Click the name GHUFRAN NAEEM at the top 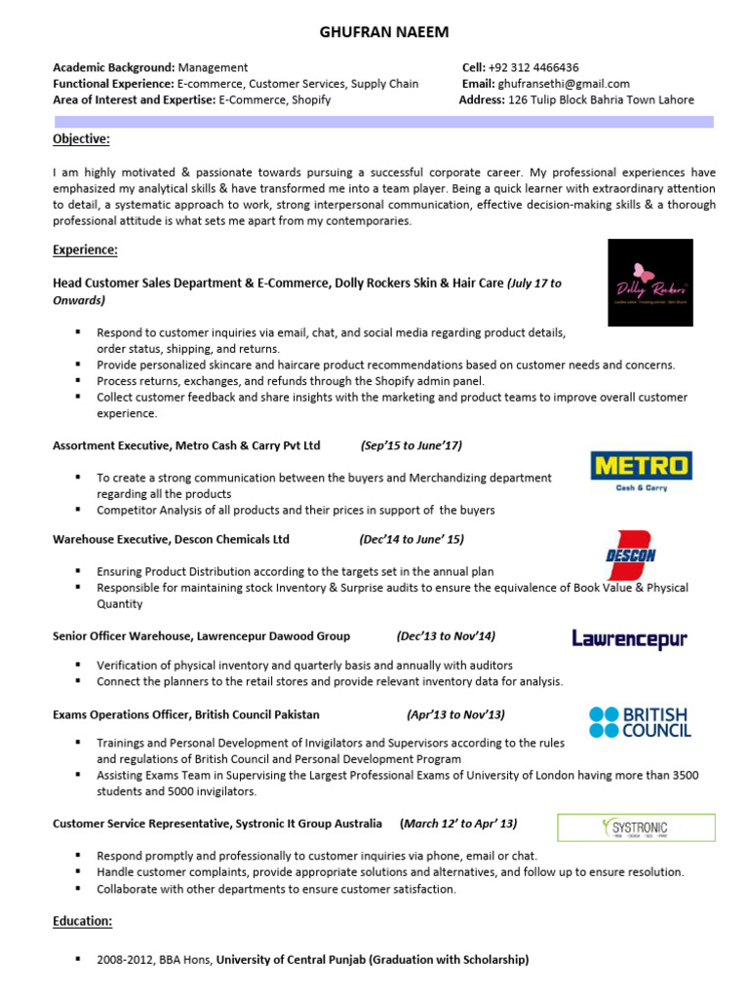(384, 33)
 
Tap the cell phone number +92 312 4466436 (533, 68)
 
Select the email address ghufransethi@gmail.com (564, 84)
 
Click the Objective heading (81, 139)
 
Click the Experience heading (85, 250)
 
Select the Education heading (83, 921)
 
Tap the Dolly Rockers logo (650, 283)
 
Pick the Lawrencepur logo (629, 639)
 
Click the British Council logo (640, 722)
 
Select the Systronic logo (635, 827)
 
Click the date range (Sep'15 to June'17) (411, 445)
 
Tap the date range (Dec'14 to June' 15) (411, 539)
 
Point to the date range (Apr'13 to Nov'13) (455, 714)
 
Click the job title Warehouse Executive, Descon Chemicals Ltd (171, 539)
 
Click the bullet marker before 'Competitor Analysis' (78, 510)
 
